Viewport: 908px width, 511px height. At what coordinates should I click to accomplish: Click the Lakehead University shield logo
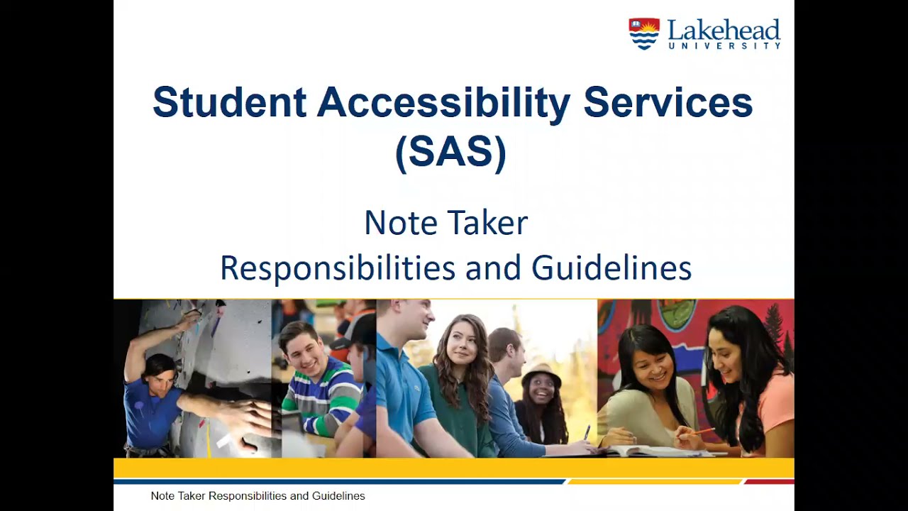click(x=643, y=33)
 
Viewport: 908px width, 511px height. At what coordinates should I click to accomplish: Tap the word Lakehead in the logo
click(x=724, y=30)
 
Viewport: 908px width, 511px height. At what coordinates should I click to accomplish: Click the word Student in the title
click(x=229, y=102)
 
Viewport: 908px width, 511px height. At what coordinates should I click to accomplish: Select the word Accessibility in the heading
click(x=443, y=102)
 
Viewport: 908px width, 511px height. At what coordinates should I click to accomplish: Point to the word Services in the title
click(x=668, y=102)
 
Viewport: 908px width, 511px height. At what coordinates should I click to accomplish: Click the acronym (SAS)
click(x=450, y=153)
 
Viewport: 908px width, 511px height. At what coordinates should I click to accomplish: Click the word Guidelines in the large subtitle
click(x=611, y=268)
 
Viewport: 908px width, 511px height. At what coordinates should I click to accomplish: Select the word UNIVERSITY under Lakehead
click(x=724, y=45)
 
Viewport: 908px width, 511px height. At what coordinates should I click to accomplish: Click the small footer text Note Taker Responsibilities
click(x=258, y=496)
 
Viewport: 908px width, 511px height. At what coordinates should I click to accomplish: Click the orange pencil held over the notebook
click(x=702, y=431)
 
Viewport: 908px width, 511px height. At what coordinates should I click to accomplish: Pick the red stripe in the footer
click(x=769, y=481)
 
